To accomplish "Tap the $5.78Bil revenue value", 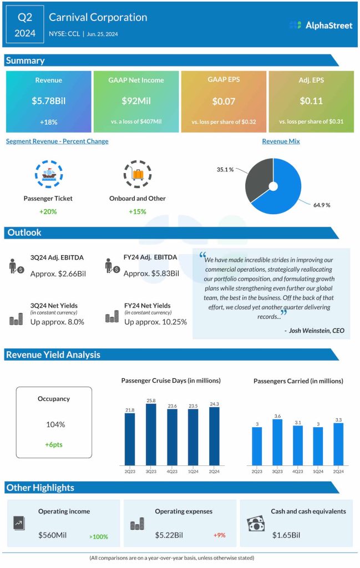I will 49,102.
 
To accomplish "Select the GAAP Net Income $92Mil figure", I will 136,102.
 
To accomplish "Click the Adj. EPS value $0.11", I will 311,102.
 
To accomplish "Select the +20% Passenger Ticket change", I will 48,211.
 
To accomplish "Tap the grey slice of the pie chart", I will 258,180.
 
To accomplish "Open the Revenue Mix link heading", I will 281,141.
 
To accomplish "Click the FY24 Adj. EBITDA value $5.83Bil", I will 151,273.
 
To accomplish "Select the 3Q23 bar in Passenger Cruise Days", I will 151,434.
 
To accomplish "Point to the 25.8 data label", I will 151,400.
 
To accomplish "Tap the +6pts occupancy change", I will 54,445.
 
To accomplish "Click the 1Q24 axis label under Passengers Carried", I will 318,471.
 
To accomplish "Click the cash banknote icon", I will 256,524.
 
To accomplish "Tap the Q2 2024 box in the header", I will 25,25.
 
